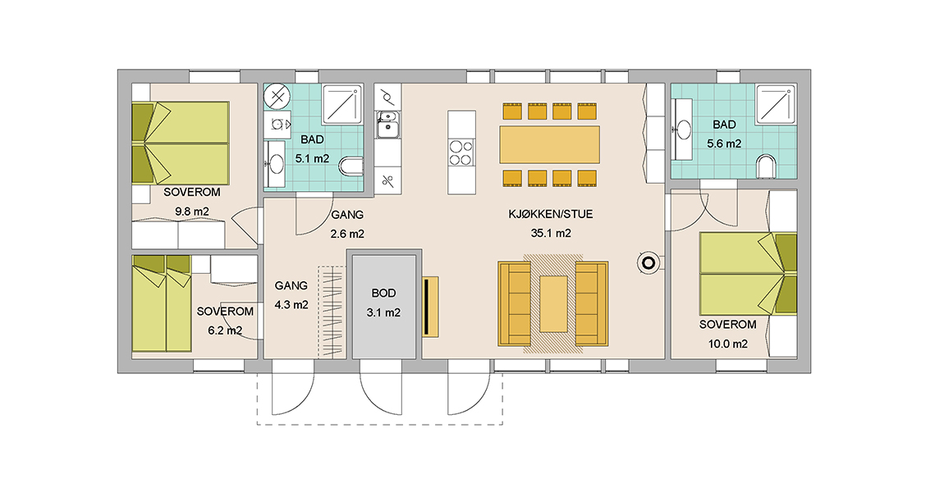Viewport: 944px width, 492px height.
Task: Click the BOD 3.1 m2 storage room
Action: [x=384, y=307]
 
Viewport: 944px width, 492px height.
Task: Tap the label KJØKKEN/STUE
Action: [x=550, y=214]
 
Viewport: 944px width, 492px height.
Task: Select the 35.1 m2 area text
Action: [x=551, y=234]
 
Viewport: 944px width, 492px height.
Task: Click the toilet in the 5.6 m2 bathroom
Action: [x=766, y=166]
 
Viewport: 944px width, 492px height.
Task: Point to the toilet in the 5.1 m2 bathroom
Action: [x=351, y=166]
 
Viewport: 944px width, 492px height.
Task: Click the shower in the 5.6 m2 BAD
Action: [x=776, y=105]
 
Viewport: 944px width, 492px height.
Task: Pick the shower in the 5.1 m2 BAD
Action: [x=342, y=105]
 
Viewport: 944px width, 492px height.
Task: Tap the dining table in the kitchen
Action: [x=550, y=144]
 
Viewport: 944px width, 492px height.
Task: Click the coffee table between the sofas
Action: [x=553, y=303]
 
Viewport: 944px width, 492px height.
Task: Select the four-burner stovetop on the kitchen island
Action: [x=461, y=153]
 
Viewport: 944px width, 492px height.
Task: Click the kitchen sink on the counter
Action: [x=387, y=124]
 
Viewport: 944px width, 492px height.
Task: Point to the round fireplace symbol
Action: [x=648, y=263]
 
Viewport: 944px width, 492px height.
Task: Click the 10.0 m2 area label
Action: [x=728, y=344]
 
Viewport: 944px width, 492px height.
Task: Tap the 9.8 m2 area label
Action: [x=192, y=212]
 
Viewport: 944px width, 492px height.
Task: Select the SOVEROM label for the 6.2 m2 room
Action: [x=225, y=312]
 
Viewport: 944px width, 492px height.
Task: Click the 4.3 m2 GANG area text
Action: [x=291, y=305]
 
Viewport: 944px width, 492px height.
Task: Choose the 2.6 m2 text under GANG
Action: [x=347, y=234]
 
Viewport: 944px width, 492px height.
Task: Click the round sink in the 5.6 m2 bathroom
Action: [x=684, y=130]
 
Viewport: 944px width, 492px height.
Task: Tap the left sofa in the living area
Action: [x=514, y=303]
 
